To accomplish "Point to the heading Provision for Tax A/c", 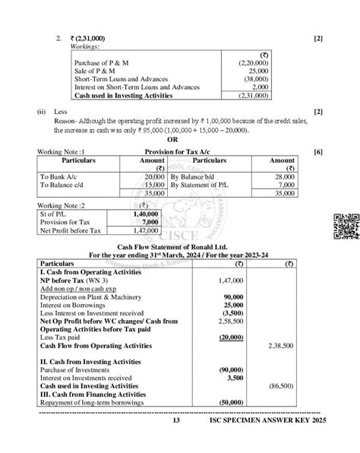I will [180, 152].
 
